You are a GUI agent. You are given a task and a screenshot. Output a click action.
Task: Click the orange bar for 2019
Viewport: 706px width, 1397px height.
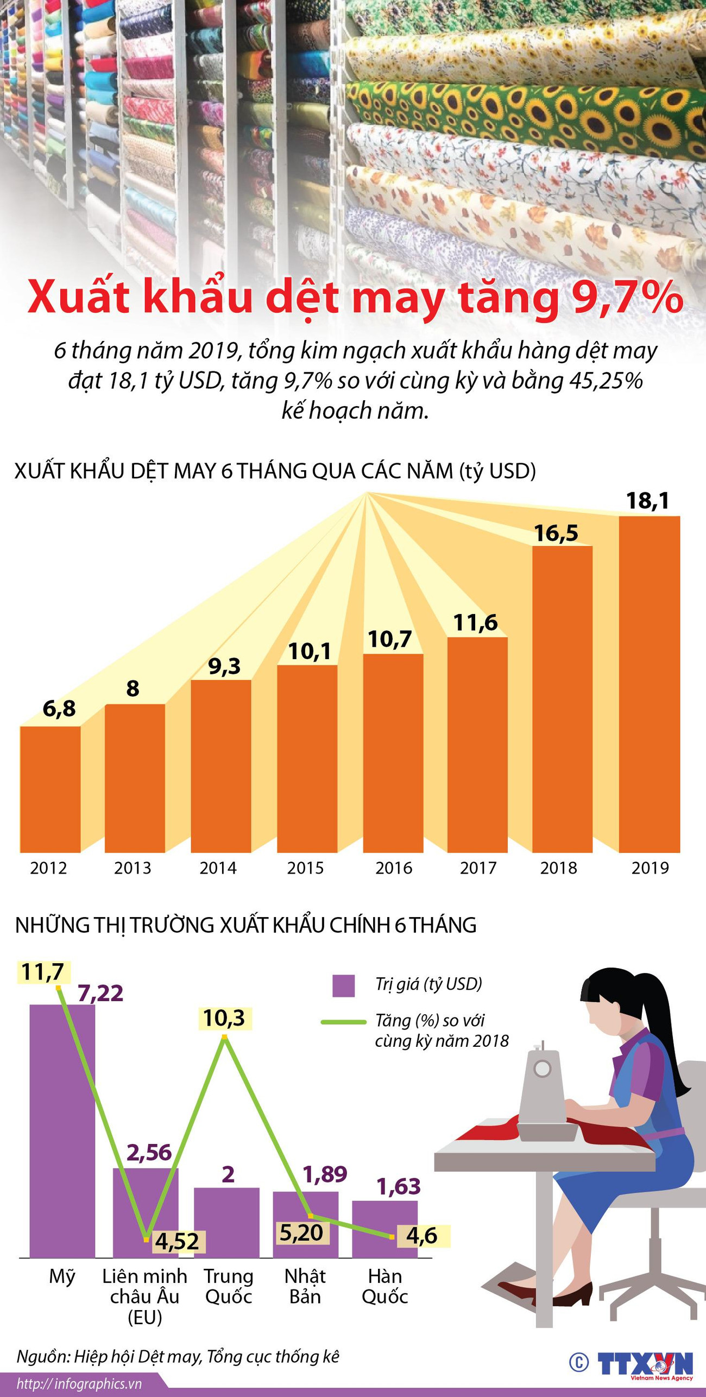tap(649, 684)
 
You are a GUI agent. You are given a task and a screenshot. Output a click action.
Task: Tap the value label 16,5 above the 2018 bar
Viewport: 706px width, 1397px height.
tap(556, 533)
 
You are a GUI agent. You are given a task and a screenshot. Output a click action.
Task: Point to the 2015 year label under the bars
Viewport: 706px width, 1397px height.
tap(305, 868)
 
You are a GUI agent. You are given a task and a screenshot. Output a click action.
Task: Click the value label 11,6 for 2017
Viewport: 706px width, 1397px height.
tap(475, 623)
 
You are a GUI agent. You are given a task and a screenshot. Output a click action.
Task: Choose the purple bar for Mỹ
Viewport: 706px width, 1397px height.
tap(62, 1132)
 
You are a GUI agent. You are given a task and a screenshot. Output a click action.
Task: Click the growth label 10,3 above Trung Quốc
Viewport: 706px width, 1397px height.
tap(224, 1018)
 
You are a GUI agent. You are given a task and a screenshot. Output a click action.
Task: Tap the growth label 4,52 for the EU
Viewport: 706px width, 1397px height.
tap(177, 1241)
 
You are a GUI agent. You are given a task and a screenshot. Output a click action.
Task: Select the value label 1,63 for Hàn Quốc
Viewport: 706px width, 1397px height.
tap(399, 1186)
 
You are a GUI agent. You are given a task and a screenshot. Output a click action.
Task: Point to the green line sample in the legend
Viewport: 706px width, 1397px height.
tap(343, 1022)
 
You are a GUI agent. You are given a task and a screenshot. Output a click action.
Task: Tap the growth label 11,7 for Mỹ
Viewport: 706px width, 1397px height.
tap(43, 972)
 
